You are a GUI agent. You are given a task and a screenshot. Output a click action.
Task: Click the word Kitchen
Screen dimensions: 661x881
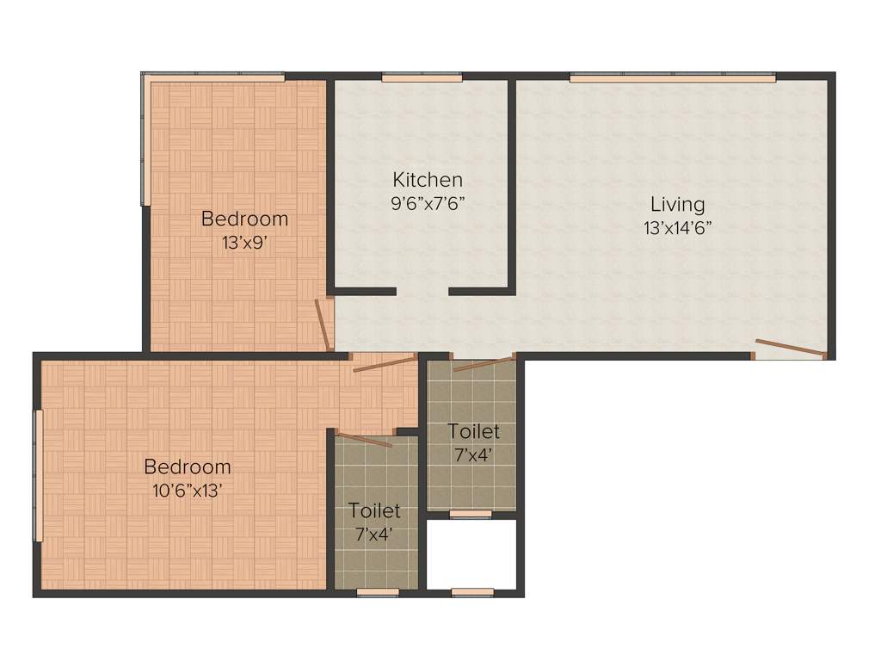point(428,180)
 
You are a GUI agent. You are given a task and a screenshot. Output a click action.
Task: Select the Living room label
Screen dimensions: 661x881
point(677,205)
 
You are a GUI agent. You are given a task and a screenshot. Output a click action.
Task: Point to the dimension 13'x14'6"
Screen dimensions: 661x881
point(677,228)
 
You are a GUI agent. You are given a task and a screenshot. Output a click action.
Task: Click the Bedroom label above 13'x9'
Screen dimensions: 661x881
point(244,219)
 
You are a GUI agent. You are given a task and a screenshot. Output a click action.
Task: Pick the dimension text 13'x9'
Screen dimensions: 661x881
point(244,243)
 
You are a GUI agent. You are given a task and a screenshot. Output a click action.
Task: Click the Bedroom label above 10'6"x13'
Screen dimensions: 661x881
point(188,467)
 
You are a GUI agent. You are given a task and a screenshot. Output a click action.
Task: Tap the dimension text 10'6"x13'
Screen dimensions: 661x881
point(188,491)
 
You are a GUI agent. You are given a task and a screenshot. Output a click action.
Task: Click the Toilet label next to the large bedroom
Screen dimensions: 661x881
point(374,511)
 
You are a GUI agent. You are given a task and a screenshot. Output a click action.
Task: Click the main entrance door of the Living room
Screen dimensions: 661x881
point(790,349)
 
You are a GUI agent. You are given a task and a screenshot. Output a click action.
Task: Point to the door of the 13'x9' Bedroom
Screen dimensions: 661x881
point(323,324)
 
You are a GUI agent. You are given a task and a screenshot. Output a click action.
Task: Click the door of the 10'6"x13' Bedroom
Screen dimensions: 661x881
point(384,363)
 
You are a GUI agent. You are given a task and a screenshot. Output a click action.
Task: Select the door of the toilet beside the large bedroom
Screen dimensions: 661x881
point(366,439)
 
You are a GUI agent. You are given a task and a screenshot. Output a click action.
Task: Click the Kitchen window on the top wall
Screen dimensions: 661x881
point(422,77)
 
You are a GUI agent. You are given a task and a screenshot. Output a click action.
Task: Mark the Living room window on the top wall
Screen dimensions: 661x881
point(673,77)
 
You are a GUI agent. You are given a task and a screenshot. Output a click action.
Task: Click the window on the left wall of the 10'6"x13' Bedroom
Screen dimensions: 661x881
point(37,475)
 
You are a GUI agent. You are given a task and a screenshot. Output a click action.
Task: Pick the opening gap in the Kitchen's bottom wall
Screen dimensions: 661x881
point(422,292)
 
